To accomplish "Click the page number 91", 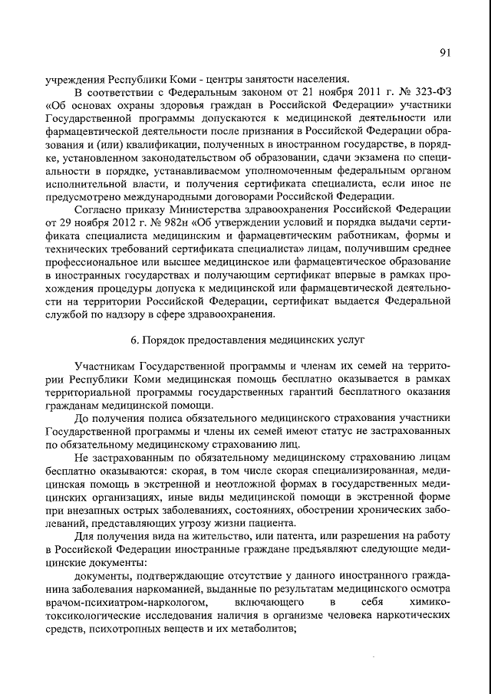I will [445, 52].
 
